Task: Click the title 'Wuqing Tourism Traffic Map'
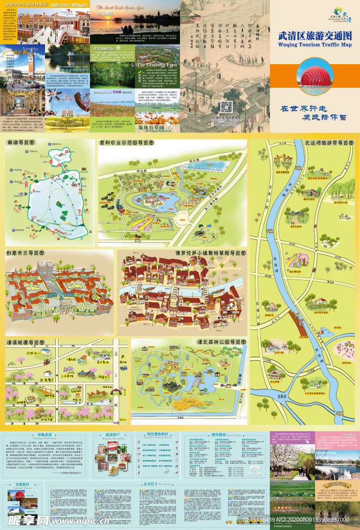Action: pyautogui.click(x=314, y=45)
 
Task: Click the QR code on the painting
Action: pyautogui.click(x=226, y=107)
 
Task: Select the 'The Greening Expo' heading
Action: pyautogui.click(x=157, y=65)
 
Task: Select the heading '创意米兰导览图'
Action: pyautogui.click(x=26, y=253)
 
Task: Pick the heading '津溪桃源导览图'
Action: pyautogui.click(x=26, y=342)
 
